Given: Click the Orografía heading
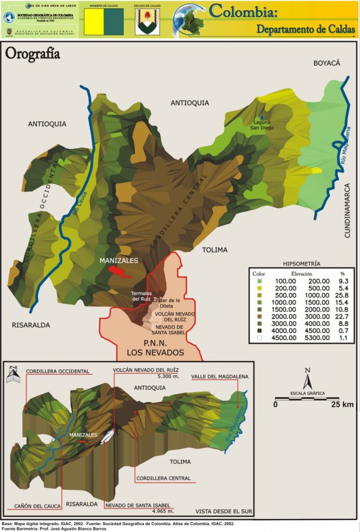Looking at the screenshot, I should pyautogui.click(x=32, y=54).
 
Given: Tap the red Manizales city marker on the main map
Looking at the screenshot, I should pyautogui.click(x=119, y=272).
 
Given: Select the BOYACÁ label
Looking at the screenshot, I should pyautogui.click(x=326, y=63).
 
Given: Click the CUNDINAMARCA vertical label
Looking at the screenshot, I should pyautogui.click(x=348, y=210).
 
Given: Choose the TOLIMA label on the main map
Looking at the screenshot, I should pyautogui.click(x=215, y=250).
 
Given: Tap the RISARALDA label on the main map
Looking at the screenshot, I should pyautogui.click(x=31, y=325).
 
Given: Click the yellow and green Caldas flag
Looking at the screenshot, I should pyautogui.click(x=103, y=21).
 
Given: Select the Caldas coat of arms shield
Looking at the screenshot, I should pyautogui.click(x=148, y=22).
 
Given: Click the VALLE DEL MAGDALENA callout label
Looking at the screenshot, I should pyautogui.click(x=220, y=376).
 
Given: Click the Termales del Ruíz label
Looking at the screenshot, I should pyautogui.click(x=141, y=296).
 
